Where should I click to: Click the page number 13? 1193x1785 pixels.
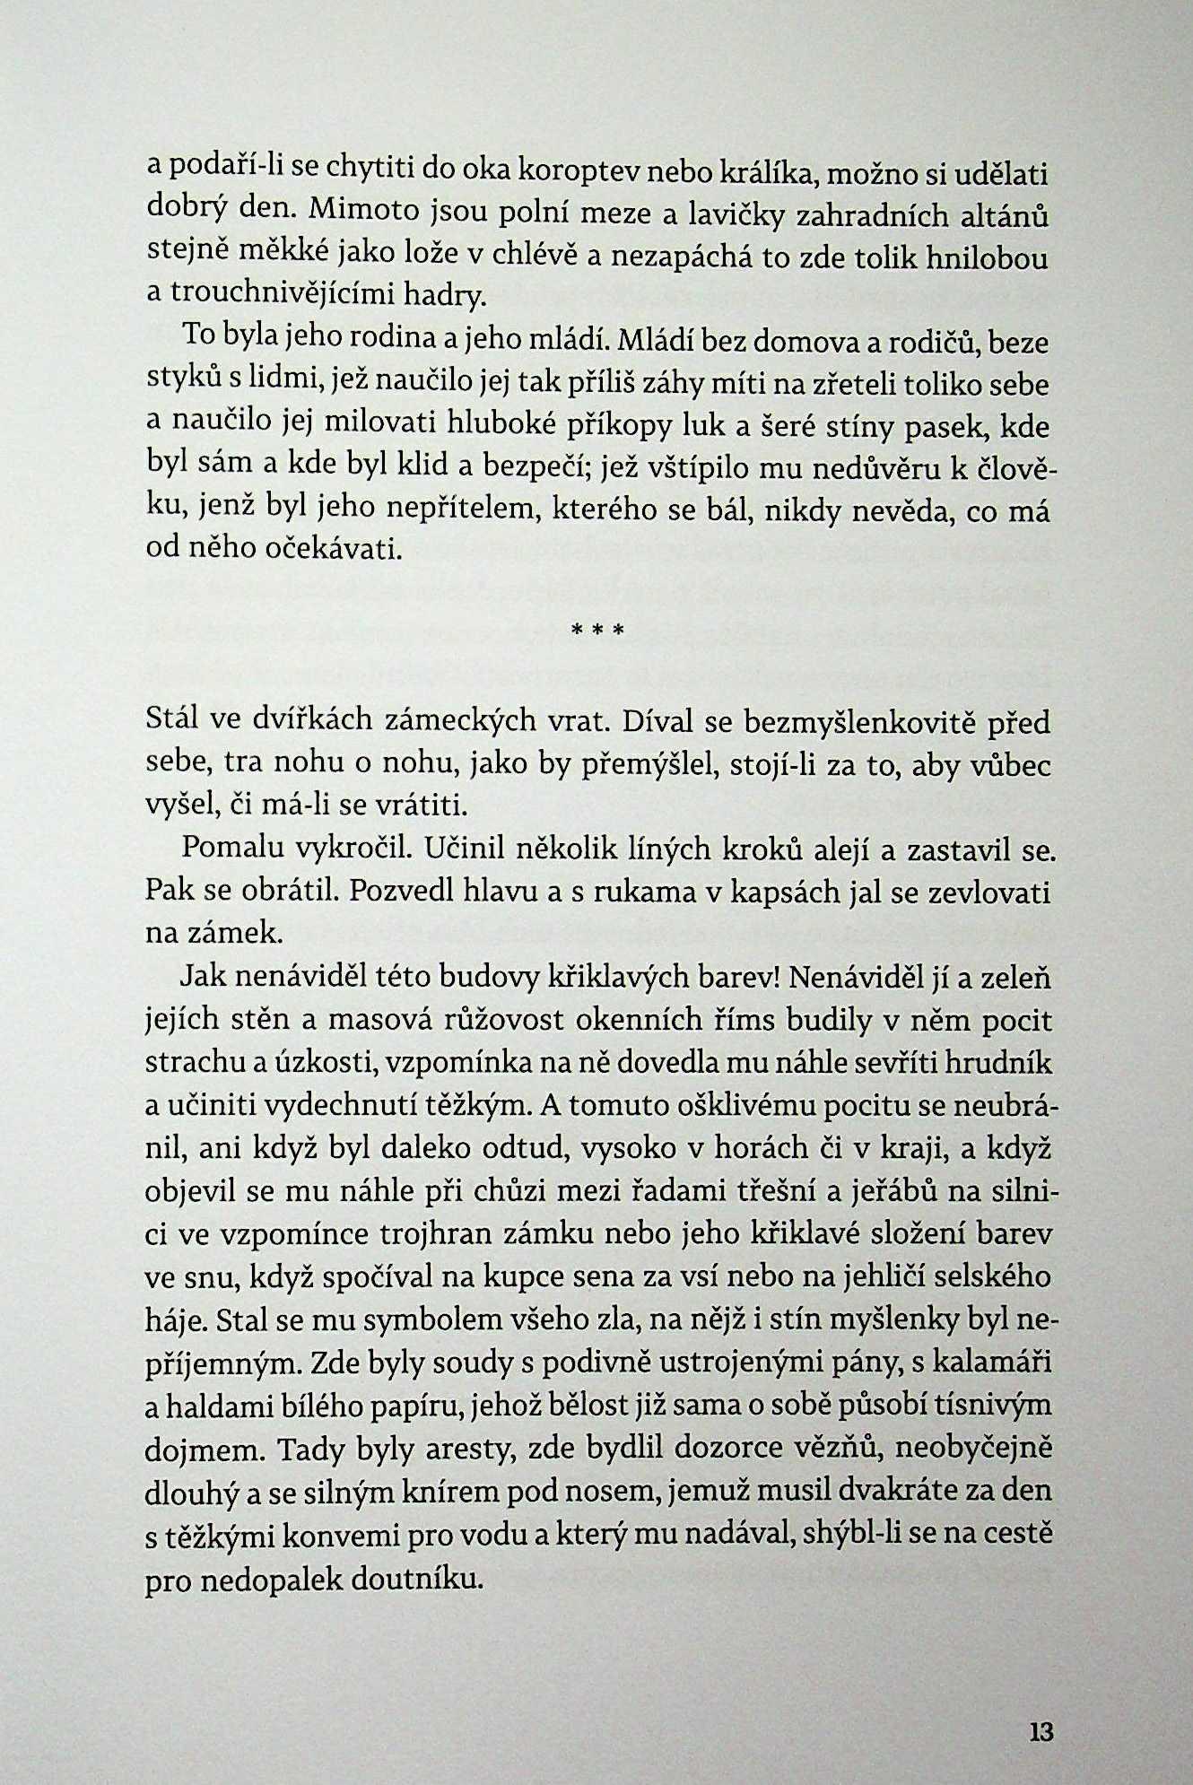(x=1041, y=1731)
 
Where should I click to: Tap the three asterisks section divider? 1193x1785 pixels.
(x=596, y=631)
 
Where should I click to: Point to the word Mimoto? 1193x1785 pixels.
(x=362, y=211)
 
